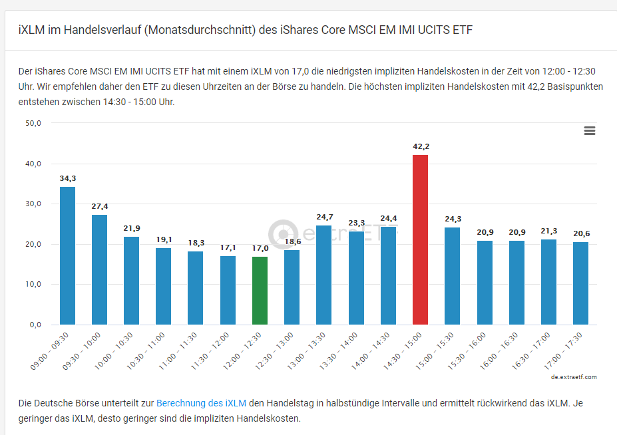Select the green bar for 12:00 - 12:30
(260, 291)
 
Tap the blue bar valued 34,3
(67, 255)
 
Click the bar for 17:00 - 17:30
(580, 283)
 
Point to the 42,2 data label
(421, 146)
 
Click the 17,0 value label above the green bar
(260, 248)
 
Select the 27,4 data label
(99, 206)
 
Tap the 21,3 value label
(548, 231)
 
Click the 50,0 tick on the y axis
(33, 123)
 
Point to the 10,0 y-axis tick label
(33, 284)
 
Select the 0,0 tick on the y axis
(35, 325)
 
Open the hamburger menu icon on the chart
(589, 131)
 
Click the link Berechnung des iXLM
(201, 403)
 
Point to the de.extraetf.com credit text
(574, 377)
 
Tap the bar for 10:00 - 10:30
(131, 281)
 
